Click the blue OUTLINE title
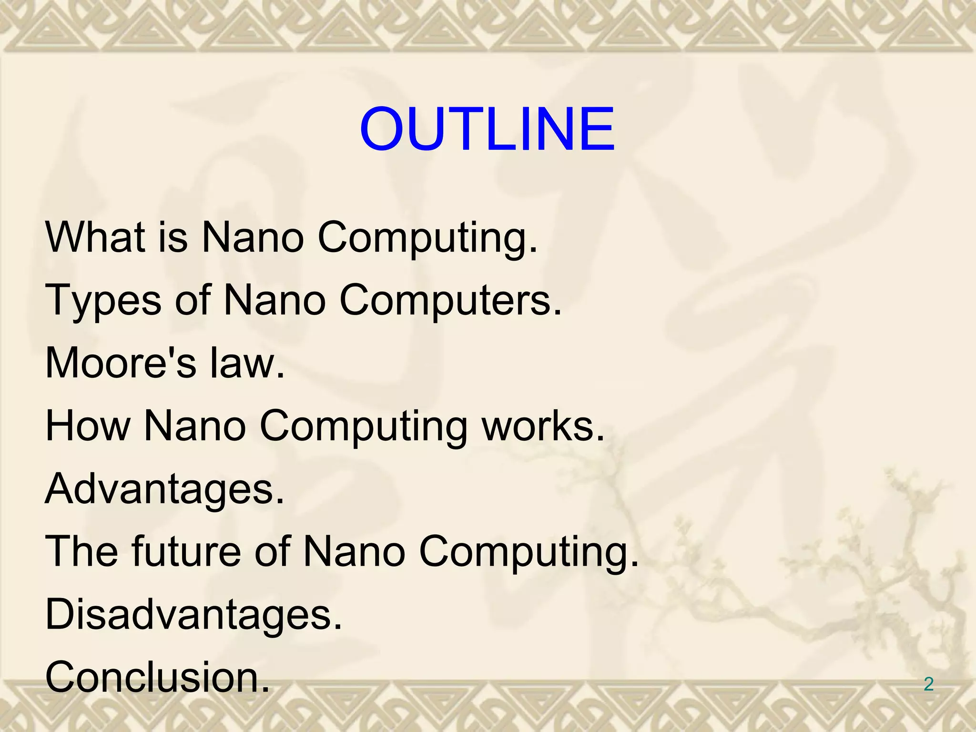click(487, 129)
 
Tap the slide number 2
click(928, 684)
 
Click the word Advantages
click(164, 489)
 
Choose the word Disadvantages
click(193, 614)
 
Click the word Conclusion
click(157, 677)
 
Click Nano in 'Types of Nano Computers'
click(274, 300)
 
